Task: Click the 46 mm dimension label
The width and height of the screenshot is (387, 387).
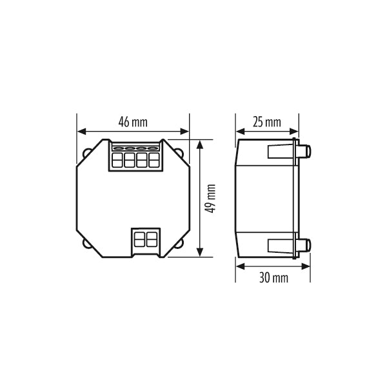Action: (x=133, y=122)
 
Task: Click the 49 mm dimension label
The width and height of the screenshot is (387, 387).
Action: (x=210, y=199)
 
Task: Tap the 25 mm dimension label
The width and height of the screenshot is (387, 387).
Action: (x=267, y=122)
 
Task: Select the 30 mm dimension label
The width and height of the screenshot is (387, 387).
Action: (x=273, y=277)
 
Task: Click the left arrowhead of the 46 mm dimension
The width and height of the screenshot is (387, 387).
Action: (x=81, y=132)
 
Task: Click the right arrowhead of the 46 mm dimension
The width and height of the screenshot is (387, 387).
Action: (x=184, y=132)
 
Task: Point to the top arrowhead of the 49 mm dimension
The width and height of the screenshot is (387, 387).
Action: (x=200, y=144)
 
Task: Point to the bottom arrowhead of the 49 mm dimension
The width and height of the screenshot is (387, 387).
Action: (x=200, y=252)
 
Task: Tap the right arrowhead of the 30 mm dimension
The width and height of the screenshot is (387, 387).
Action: (x=306, y=266)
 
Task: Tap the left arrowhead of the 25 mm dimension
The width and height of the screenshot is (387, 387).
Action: (x=240, y=132)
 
